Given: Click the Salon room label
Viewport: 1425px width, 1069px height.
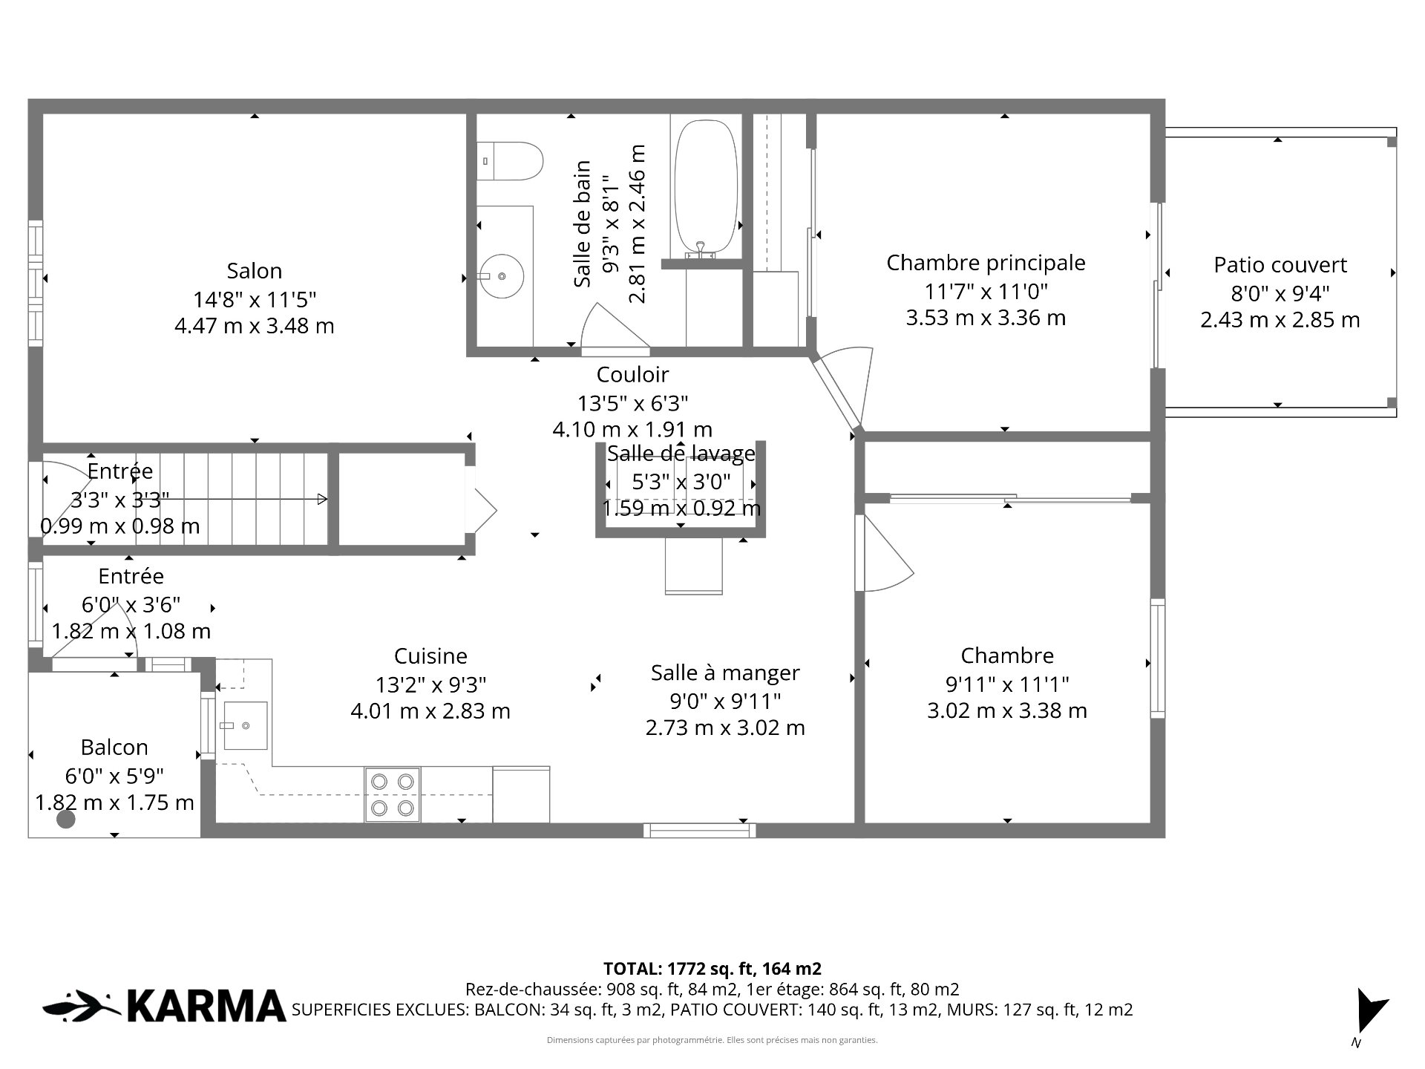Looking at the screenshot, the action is point(255,271).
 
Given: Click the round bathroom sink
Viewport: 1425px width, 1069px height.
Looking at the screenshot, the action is point(502,276).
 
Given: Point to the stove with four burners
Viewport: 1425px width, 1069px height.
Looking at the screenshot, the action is point(393,794).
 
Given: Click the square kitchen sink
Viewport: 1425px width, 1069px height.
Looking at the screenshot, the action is point(244,725).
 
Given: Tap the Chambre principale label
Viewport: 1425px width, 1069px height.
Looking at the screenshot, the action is point(986,263).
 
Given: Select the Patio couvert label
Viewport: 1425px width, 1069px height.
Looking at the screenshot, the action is point(1280,265).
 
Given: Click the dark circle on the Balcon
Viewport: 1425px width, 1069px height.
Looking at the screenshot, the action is point(66,819).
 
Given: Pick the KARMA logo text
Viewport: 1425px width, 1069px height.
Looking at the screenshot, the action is point(206,1006).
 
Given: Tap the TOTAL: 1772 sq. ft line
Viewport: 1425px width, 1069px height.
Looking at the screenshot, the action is point(712,969).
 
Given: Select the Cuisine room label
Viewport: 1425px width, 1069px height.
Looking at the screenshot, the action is point(430,656).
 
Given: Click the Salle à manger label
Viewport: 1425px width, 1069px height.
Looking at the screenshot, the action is point(725,673).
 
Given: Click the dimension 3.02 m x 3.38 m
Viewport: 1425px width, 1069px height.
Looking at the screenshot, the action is point(1007,710).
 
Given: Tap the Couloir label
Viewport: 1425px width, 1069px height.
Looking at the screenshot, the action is point(632,375).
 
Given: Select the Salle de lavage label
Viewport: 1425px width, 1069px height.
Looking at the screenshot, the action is point(681,453).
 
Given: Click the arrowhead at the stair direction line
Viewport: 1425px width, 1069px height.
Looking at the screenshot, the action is point(322,500).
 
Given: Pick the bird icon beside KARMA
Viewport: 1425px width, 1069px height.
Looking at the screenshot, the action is point(82,1006).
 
